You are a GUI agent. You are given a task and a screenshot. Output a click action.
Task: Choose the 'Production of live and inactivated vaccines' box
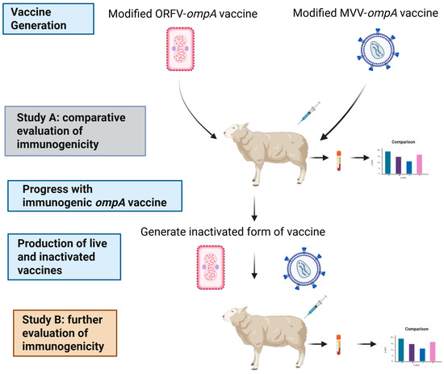[x=55, y=255]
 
